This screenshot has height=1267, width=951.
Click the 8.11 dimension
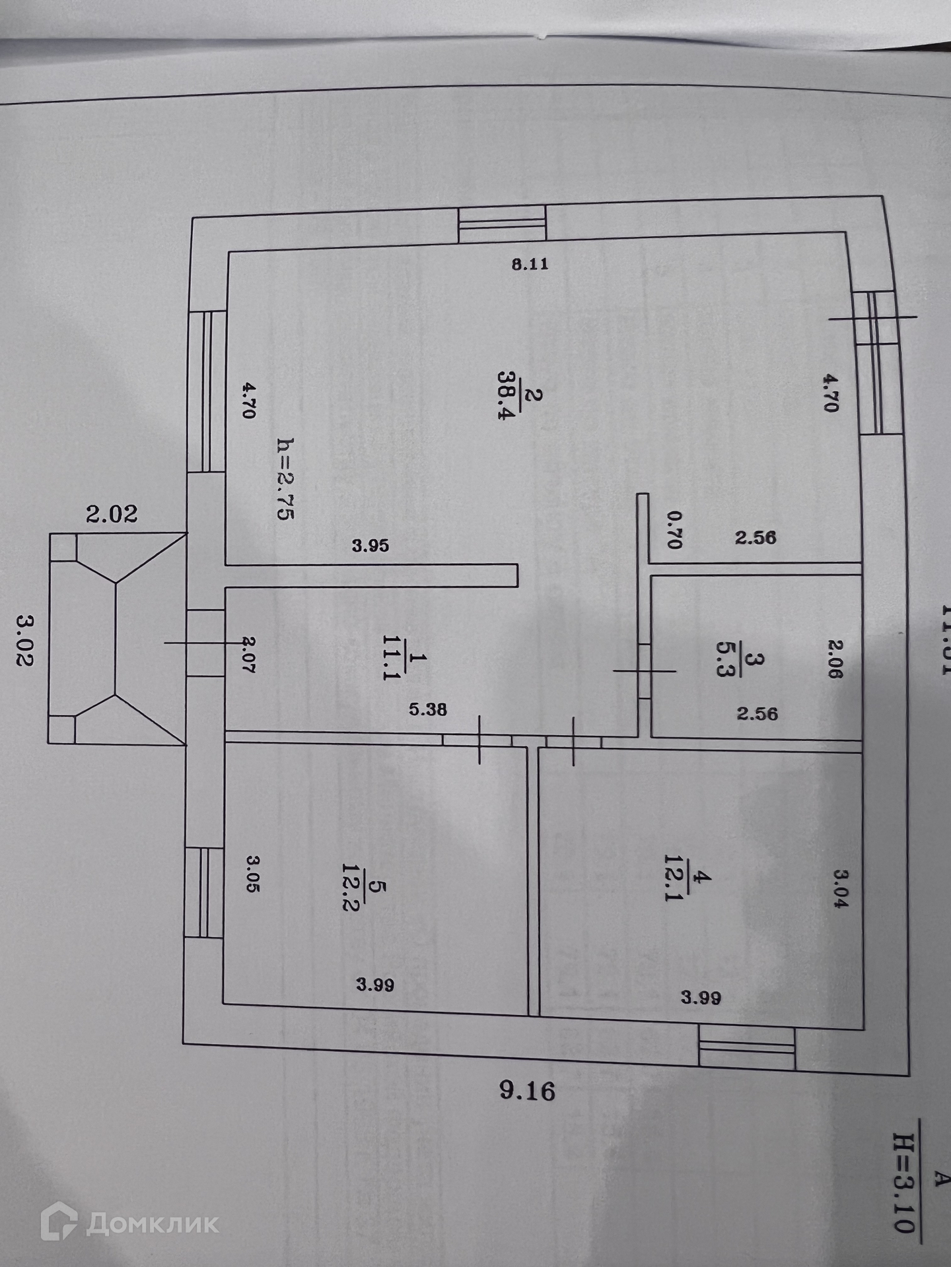coord(530,265)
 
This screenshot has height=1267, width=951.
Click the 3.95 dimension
coord(370,546)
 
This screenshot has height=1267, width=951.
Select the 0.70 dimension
coord(674,530)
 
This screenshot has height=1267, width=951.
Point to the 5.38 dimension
coord(427,709)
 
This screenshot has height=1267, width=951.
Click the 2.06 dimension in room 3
coord(835,659)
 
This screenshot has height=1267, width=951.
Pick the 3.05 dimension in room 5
coord(253,873)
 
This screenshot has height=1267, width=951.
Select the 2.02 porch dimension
coord(112,513)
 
